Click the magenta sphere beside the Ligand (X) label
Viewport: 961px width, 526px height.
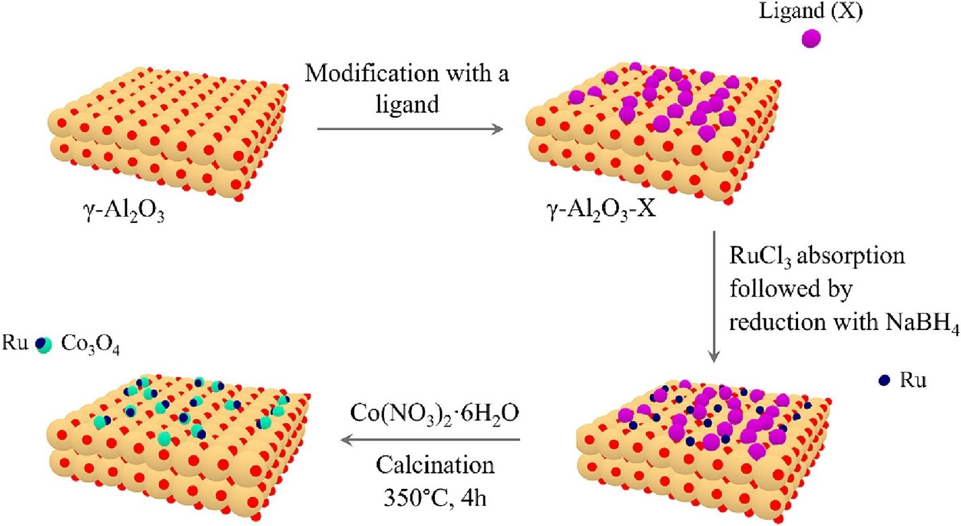[811, 38]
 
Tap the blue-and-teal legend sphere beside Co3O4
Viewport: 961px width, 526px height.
[44, 344]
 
